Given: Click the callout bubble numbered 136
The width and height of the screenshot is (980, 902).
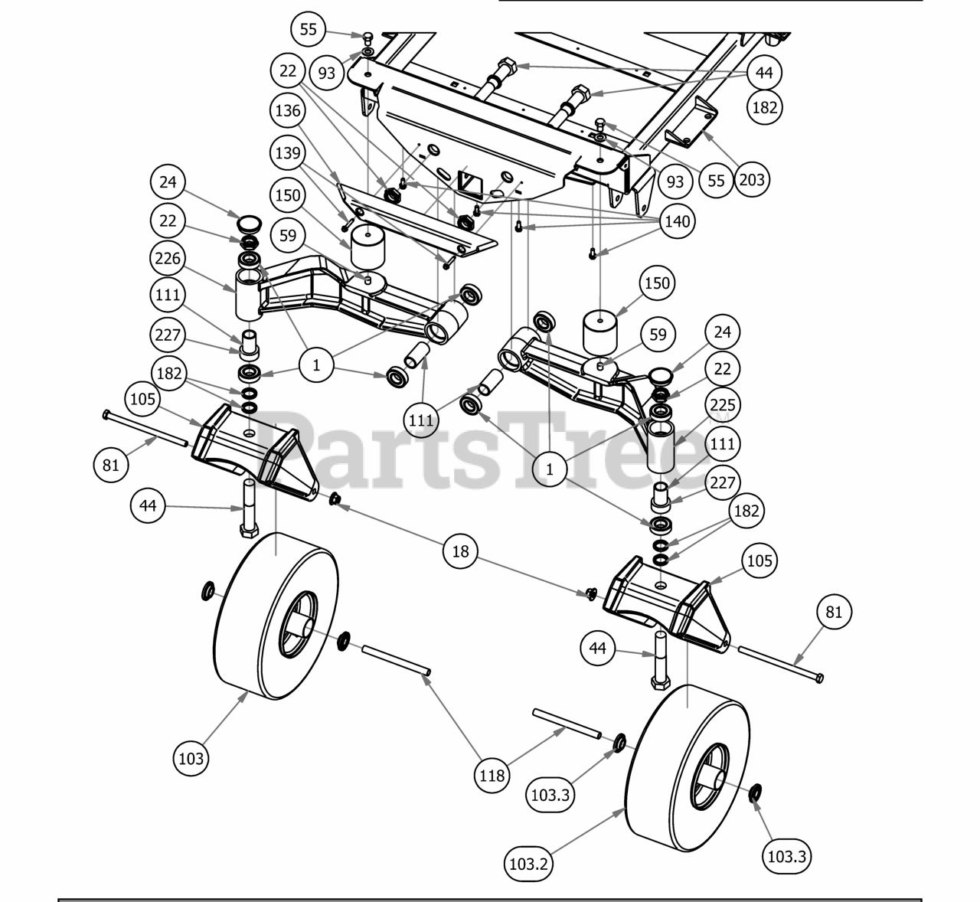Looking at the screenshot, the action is click(288, 110).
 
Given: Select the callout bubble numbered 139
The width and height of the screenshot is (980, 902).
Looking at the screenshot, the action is click(288, 152).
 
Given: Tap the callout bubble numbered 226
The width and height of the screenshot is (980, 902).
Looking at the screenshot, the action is click(168, 258).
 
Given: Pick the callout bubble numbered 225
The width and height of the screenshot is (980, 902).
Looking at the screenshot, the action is click(722, 404).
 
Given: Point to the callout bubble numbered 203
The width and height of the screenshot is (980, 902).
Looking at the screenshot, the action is click(751, 180).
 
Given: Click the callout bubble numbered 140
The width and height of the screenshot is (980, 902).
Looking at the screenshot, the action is click(678, 222).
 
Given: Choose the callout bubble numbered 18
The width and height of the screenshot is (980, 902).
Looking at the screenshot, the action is click(460, 551).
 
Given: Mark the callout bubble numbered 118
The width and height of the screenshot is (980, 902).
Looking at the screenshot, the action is click(492, 776).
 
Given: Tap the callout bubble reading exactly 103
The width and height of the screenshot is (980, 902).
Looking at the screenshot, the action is click(191, 758).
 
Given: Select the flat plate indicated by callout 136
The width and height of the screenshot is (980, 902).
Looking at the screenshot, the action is click(417, 219).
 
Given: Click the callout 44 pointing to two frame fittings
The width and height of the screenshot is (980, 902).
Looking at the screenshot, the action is click(764, 74).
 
